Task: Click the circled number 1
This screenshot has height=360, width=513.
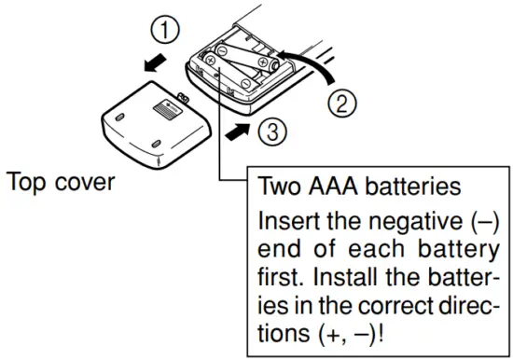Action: [x=165, y=32]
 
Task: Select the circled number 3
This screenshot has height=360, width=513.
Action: [x=267, y=134]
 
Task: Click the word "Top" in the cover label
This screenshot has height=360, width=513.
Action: [x=27, y=181]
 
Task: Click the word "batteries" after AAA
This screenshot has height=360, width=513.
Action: [x=419, y=187]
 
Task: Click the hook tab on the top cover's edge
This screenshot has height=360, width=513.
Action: [x=182, y=97]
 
